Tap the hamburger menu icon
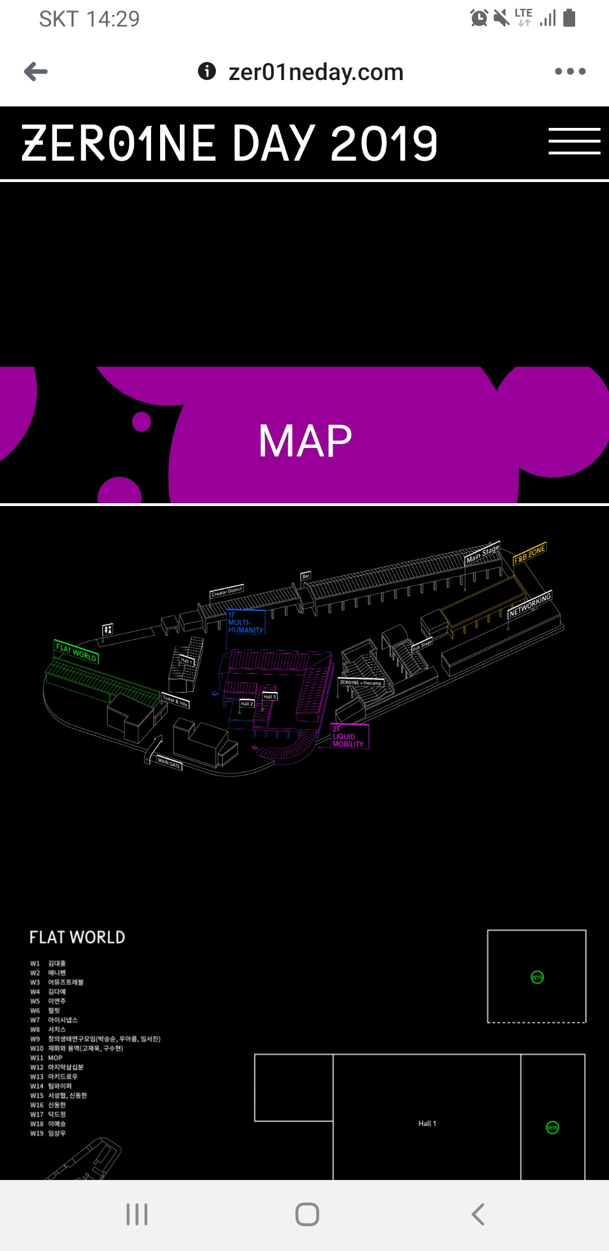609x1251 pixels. [x=574, y=141]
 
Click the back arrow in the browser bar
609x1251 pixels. [x=36, y=72]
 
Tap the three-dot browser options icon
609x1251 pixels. [x=570, y=72]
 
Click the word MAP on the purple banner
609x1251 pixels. [x=305, y=441]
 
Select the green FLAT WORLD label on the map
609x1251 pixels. [x=76, y=652]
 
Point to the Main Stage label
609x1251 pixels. [x=483, y=553]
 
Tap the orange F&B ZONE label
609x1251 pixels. [x=529, y=554]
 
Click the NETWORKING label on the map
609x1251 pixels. [x=529, y=605]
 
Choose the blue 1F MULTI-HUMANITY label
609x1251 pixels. [x=245, y=623]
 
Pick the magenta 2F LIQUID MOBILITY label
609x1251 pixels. [x=349, y=737]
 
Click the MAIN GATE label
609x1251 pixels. [x=169, y=764]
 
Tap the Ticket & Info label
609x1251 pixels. [x=175, y=701]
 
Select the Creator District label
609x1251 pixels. [x=227, y=591]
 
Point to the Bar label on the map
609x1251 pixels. [x=306, y=576]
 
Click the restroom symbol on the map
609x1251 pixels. [x=107, y=629]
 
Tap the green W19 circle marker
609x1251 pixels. [x=537, y=977]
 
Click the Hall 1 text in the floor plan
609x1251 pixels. [x=427, y=1124]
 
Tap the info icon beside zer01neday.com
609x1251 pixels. [x=207, y=71]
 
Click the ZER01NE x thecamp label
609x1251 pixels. [x=360, y=683]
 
